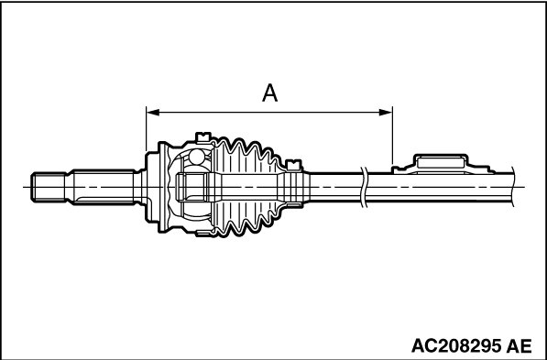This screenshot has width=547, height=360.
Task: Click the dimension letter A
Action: [x=269, y=93]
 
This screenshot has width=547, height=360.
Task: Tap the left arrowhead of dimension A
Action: [x=153, y=113]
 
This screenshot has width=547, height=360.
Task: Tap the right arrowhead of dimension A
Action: [x=386, y=113]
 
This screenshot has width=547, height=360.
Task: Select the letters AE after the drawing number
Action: [x=520, y=345]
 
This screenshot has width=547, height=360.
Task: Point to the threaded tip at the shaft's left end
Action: [x=49, y=187]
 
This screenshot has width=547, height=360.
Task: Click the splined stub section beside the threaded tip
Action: [x=104, y=187]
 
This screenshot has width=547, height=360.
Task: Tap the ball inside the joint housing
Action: [x=197, y=157]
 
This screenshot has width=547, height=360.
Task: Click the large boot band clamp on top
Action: [x=203, y=137]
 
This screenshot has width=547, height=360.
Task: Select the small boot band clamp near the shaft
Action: [x=293, y=165]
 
